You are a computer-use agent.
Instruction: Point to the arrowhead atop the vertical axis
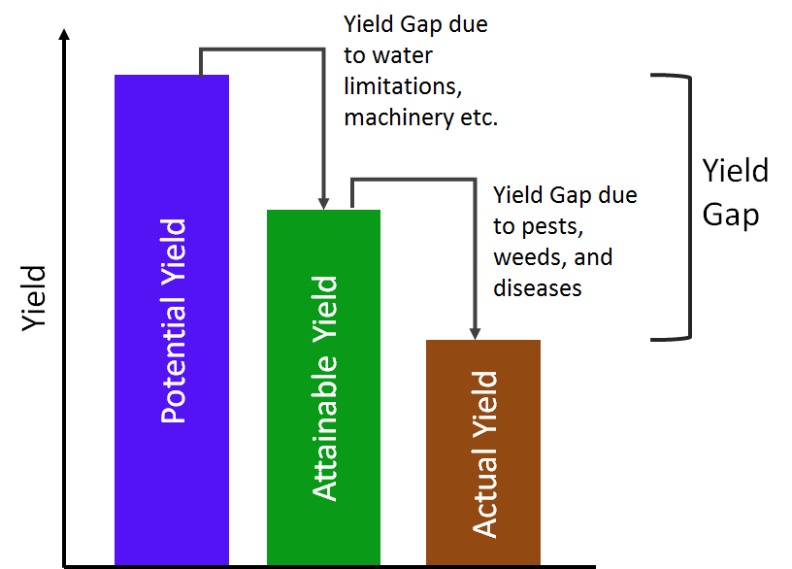(x=64, y=35)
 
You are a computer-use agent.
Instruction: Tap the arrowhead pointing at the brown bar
(x=476, y=332)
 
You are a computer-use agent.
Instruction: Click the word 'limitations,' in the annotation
(x=400, y=86)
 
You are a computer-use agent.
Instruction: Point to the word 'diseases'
(x=537, y=288)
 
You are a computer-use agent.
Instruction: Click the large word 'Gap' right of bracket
(x=731, y=214)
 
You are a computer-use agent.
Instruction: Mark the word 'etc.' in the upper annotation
(x=474, y=117)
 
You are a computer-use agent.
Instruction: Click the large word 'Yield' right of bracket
(x=736, y=172)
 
